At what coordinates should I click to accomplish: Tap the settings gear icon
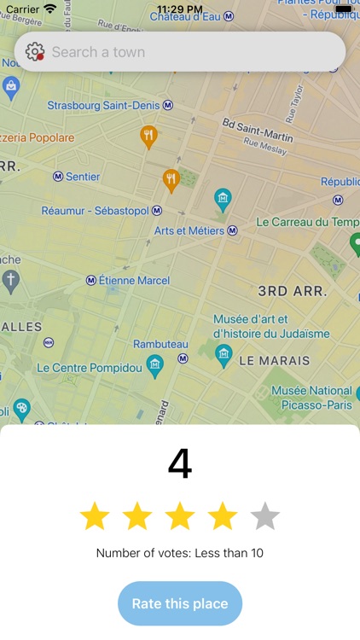pyautogui.click(x=34, y=52)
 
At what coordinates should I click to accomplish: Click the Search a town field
pyautogui.click(x=188, y=52)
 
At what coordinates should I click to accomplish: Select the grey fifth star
pyautogui.click(x=265, y=516)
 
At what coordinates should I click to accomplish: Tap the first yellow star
pyautogui.click(x=95, y=516)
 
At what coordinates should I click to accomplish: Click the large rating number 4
pyautogui.click(x=180, y=464)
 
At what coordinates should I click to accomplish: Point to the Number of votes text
pyautogui.click(x=180, y=553)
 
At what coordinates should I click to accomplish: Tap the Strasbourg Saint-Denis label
pyautogui.click(x=103, y=106)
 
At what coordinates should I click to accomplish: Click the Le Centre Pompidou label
pyautogui.click(x=89, y=368)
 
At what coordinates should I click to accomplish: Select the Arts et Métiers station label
pyautogui.click(x=189, y=230)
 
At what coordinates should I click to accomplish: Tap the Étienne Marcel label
pyautogui.click(x=131, y=280)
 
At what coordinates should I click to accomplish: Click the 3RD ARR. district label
pyautogui.click(x=293, y=291)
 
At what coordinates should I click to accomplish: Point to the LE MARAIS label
pyautogui.click(x=274, y=361)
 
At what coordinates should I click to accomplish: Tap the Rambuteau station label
pyautogui.click(x=160, y=344)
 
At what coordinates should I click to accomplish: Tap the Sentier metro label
pyautogui.click(x=83, y=177)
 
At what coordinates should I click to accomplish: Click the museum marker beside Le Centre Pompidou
pyautogui.click(x=154, y=365)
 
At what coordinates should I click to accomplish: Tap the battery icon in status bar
pyautogui.click(x=343, y=9)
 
